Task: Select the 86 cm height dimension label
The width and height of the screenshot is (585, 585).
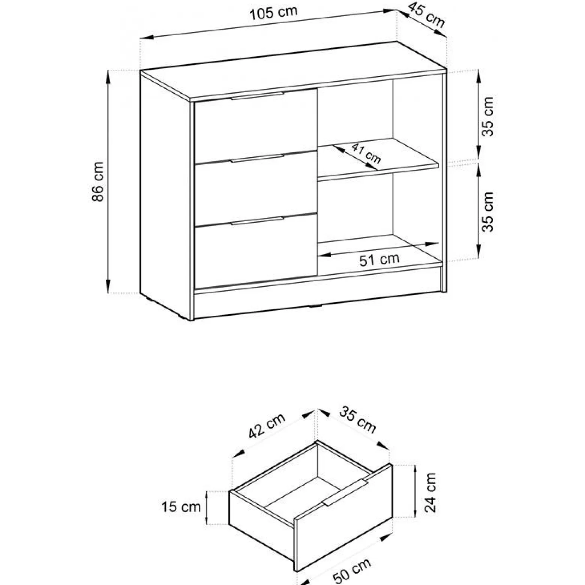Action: [98, 181]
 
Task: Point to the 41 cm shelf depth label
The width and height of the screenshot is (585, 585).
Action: [366, 153]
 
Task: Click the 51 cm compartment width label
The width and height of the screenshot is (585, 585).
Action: [379, 259]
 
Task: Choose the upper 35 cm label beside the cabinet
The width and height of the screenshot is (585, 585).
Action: [488, 117]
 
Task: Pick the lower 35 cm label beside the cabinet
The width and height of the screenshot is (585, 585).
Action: [488, 212]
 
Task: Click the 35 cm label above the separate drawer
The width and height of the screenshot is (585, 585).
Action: [357, 420]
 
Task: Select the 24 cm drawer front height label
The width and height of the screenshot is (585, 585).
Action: [430, 492]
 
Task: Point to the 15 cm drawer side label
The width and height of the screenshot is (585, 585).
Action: [181, 507]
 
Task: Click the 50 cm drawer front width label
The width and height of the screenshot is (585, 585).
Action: [352, 570]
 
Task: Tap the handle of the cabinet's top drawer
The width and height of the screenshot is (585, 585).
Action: [258, 96]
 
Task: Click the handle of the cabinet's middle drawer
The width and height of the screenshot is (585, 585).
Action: [258, 158]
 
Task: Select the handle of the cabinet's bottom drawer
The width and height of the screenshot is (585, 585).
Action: [258, 220]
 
